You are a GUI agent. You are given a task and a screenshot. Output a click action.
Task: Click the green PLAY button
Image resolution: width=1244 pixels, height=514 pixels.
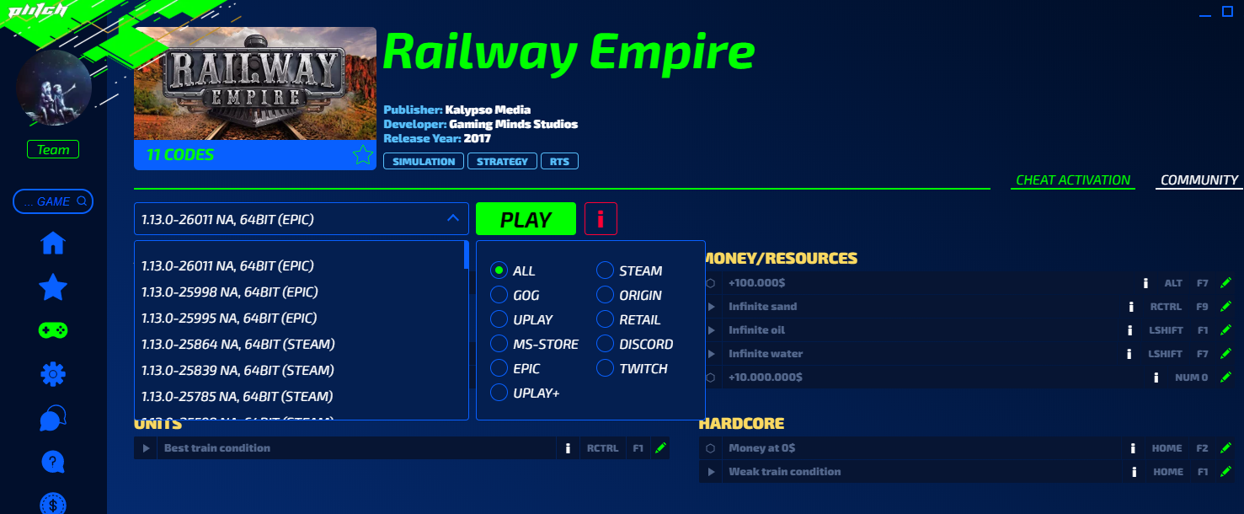(526, 219)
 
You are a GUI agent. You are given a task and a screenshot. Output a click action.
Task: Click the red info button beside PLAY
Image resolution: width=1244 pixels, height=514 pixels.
(601, 219)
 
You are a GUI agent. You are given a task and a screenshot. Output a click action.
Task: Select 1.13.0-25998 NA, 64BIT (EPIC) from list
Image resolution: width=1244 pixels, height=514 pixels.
(229, 292)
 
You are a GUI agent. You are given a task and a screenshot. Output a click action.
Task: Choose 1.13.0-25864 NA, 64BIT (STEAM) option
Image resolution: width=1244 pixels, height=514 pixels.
(238, 344)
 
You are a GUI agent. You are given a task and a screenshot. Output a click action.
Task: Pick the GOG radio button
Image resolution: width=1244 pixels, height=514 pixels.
(499, 295)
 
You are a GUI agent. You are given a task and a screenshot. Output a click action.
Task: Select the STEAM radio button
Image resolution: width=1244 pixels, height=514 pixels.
(605, 270)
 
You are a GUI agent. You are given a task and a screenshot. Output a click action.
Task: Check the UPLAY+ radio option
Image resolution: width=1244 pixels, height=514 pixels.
(499, 393)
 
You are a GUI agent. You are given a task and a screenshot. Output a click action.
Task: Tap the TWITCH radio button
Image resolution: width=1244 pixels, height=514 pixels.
(605, 368)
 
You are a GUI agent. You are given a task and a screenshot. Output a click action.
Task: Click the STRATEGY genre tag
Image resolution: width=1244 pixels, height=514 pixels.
(502, 161)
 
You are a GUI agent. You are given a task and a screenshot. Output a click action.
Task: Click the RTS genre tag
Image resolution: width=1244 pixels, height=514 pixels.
(560, 161)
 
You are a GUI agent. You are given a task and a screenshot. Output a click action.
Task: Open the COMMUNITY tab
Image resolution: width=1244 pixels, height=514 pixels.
(1199, 179)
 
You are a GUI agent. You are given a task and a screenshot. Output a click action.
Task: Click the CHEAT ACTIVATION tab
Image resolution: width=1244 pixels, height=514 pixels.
(1072, 179)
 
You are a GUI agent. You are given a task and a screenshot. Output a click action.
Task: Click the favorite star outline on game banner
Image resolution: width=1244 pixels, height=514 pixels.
(362, 155)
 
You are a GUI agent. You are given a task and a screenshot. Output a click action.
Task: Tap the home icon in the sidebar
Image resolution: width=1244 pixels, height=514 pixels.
(53, 244)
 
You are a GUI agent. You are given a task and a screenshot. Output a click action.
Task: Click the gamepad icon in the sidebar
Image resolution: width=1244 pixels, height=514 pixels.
(53, 329)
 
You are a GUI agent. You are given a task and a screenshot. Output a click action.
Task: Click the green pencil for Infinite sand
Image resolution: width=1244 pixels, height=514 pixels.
(1225, 306)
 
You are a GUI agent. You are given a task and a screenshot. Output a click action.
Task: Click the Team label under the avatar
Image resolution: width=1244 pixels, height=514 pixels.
(53, 150)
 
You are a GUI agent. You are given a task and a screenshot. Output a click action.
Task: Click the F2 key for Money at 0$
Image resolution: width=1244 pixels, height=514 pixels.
(1202, 448)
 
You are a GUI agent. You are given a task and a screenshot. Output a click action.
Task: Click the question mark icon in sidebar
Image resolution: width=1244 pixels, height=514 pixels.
(53, 461)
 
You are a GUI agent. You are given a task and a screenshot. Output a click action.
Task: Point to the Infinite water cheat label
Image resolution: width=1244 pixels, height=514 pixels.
(765, 353)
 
